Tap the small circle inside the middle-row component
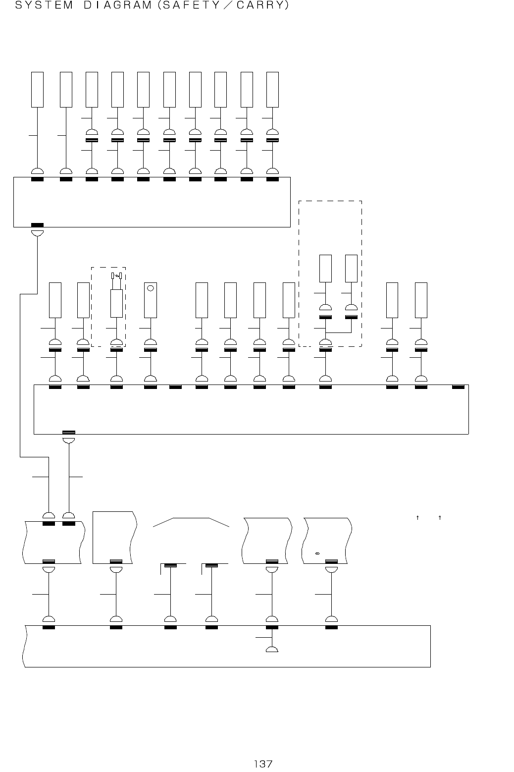tap(151, 287)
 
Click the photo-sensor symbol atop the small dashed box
tap(117, 276)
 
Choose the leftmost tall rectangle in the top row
tap(38, 89)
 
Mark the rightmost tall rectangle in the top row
tap(272, 89)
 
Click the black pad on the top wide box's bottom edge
tap(37, 225)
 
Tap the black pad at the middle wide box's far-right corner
tap(459, 386)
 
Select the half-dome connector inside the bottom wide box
tap(272, 649)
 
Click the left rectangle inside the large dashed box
tap(325, 268)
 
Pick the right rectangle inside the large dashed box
tap(351, 268)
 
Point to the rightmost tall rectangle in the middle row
tap(421, 300)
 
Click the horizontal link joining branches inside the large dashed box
tap(338, 331)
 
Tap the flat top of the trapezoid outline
tap(191, 518)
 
